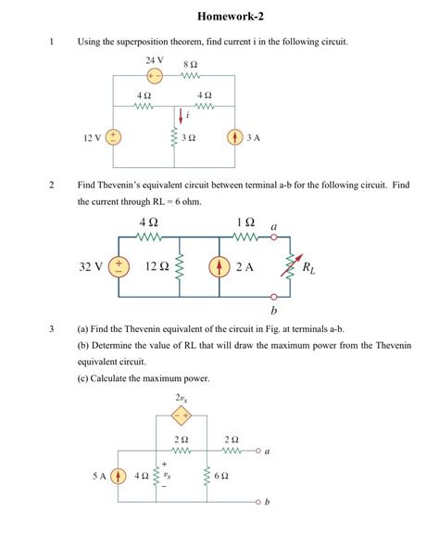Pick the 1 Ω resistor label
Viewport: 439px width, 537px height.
point(245,224)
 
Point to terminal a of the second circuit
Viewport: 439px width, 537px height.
point(274,238)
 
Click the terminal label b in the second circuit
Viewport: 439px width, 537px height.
point(274,311)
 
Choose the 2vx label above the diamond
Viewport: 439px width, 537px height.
point(181,399)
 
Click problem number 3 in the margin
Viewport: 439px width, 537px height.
point(53,328)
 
